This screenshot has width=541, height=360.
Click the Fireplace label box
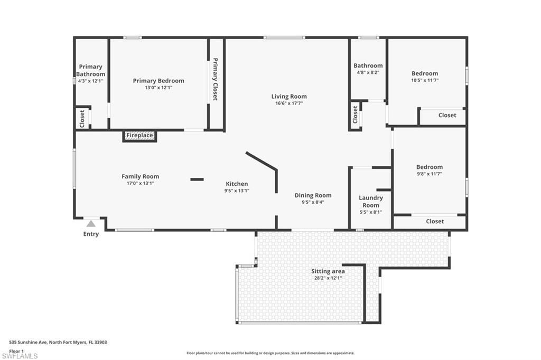[140, 136]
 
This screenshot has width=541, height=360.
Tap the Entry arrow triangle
[91, 224]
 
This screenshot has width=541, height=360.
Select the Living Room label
[289, 97]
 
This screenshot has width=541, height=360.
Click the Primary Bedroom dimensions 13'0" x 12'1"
[158, 88]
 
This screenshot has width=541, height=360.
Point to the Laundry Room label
[371, 202]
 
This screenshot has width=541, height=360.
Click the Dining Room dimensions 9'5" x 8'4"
[313, 202]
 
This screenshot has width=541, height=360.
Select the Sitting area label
[328, 271]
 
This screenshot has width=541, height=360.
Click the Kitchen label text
[237, 184]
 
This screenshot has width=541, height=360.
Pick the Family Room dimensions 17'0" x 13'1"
[140, 183]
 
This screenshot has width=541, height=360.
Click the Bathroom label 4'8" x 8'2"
[368, 69]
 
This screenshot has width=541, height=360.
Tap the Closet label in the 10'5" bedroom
[447, 115]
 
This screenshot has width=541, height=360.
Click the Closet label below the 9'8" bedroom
[435, 222]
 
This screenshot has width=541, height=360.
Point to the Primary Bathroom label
[90, 70]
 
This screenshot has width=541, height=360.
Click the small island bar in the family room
[197, 179]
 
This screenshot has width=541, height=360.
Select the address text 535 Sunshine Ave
[58, 342]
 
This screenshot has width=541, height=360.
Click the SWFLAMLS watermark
[20, 356]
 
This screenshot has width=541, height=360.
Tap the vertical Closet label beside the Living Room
[355, 114]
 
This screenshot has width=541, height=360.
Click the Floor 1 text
[16, 350]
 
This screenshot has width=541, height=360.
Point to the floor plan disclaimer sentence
[270, 353]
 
